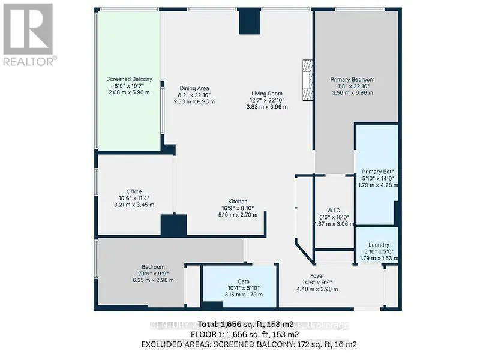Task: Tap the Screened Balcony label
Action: pyautogui.click(x=129, y=79)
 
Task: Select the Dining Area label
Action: pyautogui.click(x=194, y=88)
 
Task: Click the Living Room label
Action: pyautogui.click(x=267, y=93)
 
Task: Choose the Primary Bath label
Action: pyautogui.click(x=378, y=171)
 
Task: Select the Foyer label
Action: pyautogui.click(x=317, y=277)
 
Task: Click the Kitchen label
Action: pyautogui.click(x=238, y=202)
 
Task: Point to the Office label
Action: pyautogui.click(x=134, y=191)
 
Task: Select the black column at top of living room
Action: pyautogui.click(x=249, y=22)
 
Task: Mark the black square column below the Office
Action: pyautogui.click(x=174, y=225)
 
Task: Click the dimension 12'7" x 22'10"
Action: pyautogui.click(x=267, y=100)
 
